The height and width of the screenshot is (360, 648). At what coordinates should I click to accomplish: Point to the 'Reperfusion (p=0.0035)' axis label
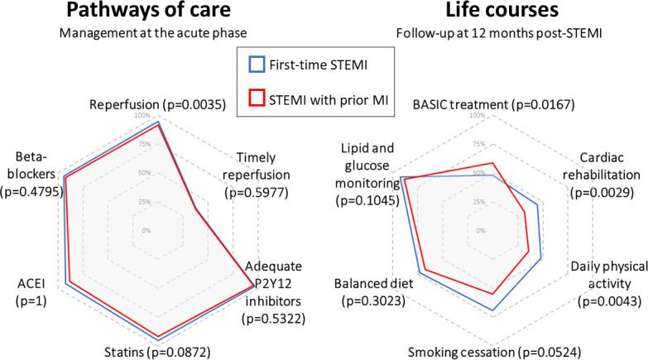[157, 107]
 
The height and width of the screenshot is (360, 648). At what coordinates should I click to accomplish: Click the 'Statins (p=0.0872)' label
[157, 351]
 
